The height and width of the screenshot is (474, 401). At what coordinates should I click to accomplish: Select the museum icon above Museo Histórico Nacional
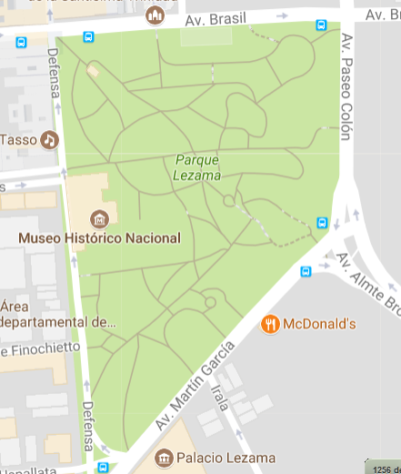100,218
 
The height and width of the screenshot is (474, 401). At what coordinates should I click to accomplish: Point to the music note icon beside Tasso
48,139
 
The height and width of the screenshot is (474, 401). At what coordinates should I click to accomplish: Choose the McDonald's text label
319,324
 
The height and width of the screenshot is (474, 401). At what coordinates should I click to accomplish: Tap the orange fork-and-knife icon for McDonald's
270,323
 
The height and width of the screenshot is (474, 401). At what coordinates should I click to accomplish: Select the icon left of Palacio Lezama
165,458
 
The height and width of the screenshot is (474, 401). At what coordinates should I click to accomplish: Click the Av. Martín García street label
195,385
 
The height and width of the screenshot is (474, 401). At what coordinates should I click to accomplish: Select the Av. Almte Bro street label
368,282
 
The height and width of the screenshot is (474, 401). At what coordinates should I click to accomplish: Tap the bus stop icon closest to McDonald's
306,270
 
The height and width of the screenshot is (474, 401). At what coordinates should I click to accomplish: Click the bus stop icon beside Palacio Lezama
102,467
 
